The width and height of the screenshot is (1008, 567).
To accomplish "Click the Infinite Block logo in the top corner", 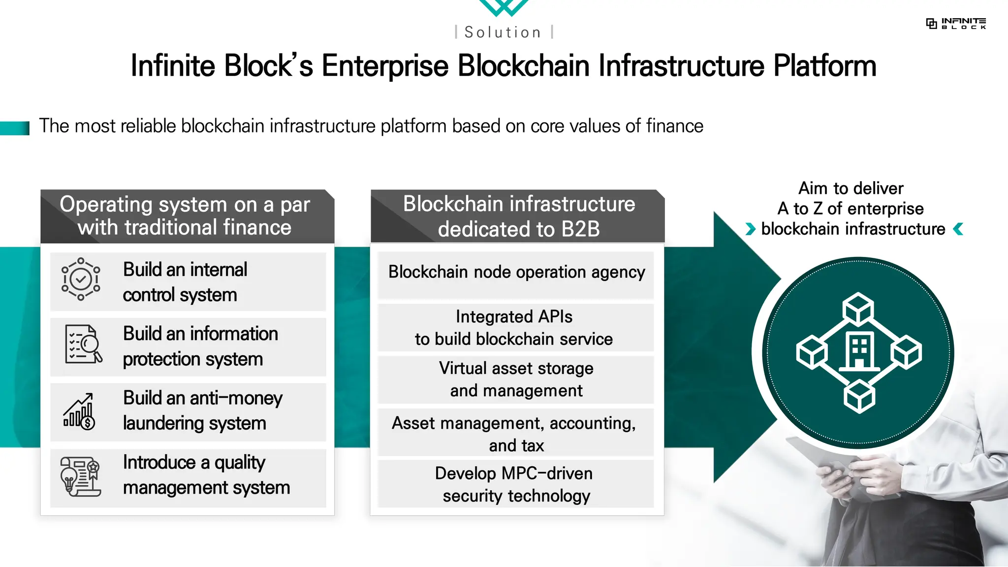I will pos(956,23).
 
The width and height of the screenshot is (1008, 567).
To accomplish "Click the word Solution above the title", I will pos(503,32).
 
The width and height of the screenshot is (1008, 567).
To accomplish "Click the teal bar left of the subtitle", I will pos(15,128).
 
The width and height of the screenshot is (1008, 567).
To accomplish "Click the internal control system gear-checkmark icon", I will pos(81,279).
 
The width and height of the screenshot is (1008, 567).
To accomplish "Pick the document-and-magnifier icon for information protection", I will pos(83,344).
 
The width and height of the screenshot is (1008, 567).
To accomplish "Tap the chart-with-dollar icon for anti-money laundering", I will pos(79,411).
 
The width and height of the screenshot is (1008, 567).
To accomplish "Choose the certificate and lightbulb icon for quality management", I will pos(80,476).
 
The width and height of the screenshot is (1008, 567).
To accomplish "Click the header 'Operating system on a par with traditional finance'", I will pos(185,216).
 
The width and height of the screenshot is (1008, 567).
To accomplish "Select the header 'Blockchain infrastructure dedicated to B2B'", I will pos(518,216).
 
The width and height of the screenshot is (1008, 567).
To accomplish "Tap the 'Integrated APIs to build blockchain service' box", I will pos(515,327).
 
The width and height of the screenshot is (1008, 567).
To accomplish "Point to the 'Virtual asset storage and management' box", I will pos(516,379).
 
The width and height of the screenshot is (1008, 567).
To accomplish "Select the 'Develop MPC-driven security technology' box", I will pos(515,484).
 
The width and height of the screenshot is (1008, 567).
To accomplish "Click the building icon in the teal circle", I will pos(859,351).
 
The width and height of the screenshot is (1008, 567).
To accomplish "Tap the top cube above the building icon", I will pos(858,308).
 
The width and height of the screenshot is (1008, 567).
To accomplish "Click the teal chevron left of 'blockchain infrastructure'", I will pos(750,229).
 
